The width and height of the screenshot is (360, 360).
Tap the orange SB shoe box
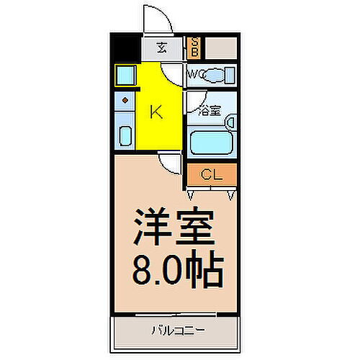pyautogui.click(x=194, y=49)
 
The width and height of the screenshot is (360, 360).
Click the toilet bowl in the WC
pyautogui.click(x=219, y=75)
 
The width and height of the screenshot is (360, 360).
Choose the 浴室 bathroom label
pyautogui.click(x=209, y=112)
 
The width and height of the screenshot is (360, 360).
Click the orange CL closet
pyautogui.click(x=211, y=174)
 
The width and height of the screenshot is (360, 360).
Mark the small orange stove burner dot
pyautogui.click(x=125, y=100)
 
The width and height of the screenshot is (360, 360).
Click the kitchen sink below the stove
pyautogui.click(x=124, y=135)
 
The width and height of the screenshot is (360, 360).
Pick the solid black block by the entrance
pyautogui.click(x=127, y=49)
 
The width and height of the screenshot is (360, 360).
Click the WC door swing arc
pyautogui.click(x=174, y=73)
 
